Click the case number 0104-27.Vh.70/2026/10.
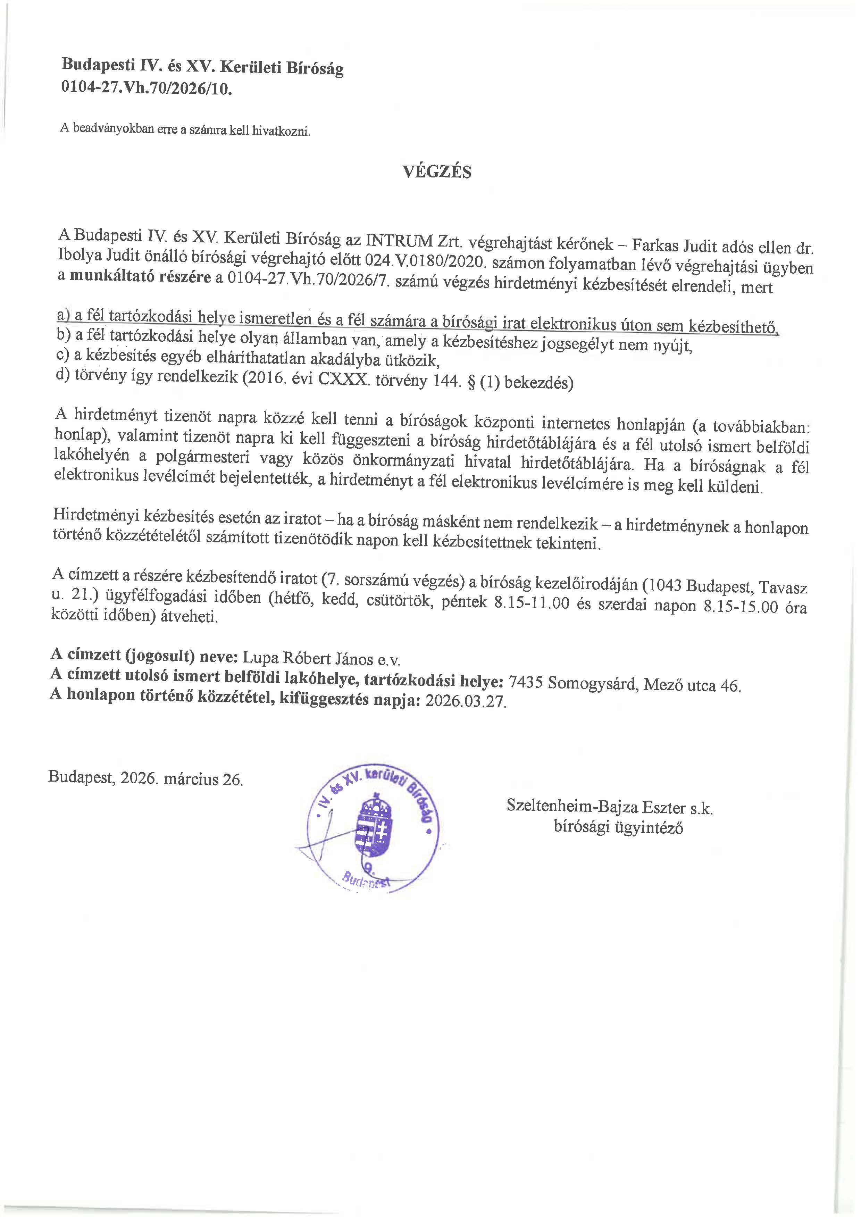click(x=148, y=88)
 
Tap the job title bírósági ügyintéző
click(x=618, y=827)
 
